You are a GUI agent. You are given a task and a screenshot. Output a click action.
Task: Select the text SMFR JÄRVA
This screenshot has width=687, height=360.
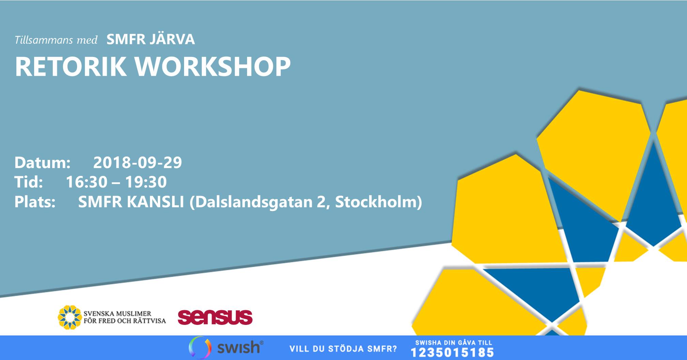tap(151, 40)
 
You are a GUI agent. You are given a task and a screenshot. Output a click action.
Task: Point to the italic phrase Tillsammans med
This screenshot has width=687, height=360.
tap(56, 40)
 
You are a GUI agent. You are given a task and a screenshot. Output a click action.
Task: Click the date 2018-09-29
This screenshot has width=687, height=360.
tap(138, 163)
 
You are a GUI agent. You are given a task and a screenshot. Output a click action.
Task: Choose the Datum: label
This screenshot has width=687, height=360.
tap(42, 163)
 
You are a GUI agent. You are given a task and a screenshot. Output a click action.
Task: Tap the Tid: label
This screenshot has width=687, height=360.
tap(29, 182)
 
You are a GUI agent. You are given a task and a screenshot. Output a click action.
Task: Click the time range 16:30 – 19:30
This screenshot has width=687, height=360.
tap(116, 182)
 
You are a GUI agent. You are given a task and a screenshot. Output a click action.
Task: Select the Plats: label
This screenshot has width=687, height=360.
tap(35, 202)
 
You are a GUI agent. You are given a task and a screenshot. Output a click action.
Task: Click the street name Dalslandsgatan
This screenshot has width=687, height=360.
tap(256, 202)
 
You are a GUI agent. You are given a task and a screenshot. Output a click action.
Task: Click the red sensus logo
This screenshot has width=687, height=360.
tap(215, 317)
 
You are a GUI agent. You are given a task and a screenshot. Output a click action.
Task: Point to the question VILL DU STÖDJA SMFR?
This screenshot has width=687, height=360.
tap(343, 349)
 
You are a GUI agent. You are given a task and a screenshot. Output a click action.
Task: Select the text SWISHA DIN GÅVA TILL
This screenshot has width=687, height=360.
tap(454, 343)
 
